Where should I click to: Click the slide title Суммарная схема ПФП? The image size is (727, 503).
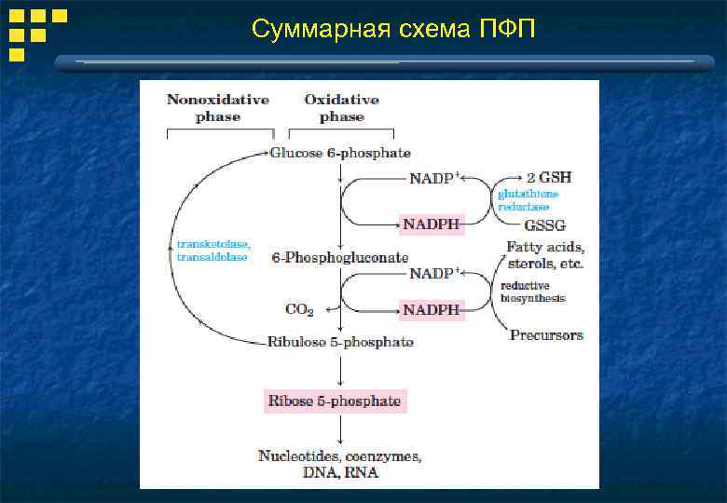393,30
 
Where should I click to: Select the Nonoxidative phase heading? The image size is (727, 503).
218,108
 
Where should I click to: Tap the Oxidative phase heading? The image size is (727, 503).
341,108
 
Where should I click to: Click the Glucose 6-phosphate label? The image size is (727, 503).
340,153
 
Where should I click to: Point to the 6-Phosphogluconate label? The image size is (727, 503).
339,256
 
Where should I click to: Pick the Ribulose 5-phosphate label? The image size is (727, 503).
340,342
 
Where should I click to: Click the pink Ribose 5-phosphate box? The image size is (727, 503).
335,401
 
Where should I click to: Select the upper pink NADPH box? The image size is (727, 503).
432,224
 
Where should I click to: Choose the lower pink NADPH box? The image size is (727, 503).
431,309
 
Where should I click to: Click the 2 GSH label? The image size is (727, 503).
549,177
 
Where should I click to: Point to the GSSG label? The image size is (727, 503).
545,225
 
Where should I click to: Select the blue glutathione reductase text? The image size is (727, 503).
528,200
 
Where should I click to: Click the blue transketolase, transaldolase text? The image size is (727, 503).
213,250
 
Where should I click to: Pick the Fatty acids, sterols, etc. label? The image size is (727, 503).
545,255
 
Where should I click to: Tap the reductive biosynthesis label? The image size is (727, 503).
532,292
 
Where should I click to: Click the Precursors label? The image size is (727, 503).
546,334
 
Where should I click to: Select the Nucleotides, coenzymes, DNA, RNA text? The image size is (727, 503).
340,465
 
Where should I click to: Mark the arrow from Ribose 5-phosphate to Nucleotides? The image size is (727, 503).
341,429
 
